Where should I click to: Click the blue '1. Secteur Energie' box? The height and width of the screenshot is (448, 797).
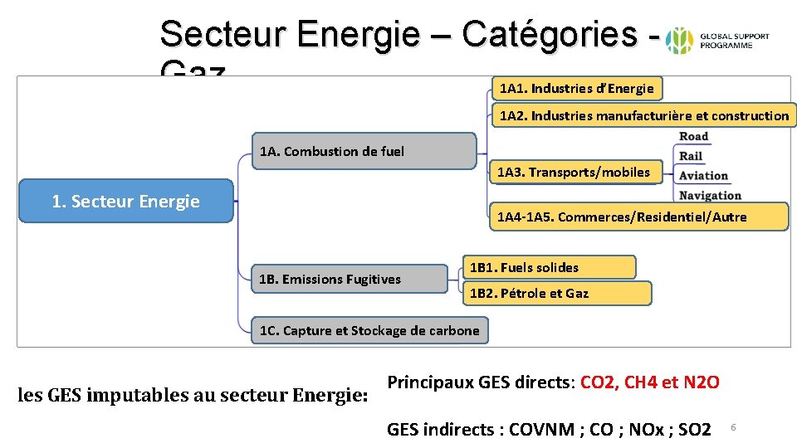126,201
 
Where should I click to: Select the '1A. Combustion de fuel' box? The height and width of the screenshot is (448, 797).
364,151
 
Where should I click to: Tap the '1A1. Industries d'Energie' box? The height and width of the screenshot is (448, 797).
577,88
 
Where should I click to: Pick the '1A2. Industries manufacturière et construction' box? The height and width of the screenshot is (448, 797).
644,115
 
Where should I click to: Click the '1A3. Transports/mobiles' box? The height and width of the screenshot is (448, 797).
574,173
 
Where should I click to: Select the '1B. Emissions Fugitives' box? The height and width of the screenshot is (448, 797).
348,279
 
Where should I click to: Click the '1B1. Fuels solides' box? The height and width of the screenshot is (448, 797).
548,267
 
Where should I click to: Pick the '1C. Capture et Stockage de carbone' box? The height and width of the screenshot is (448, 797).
369,330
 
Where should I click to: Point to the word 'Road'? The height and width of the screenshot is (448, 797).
694,136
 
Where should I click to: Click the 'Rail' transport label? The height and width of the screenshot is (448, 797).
691,156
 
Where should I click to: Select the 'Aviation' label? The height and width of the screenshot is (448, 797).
703,176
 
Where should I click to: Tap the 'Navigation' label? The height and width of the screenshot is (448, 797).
710,196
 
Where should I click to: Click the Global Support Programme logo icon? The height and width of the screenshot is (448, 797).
681,40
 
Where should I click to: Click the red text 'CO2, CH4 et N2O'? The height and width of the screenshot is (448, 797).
650,382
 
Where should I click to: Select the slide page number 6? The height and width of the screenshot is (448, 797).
734,427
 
